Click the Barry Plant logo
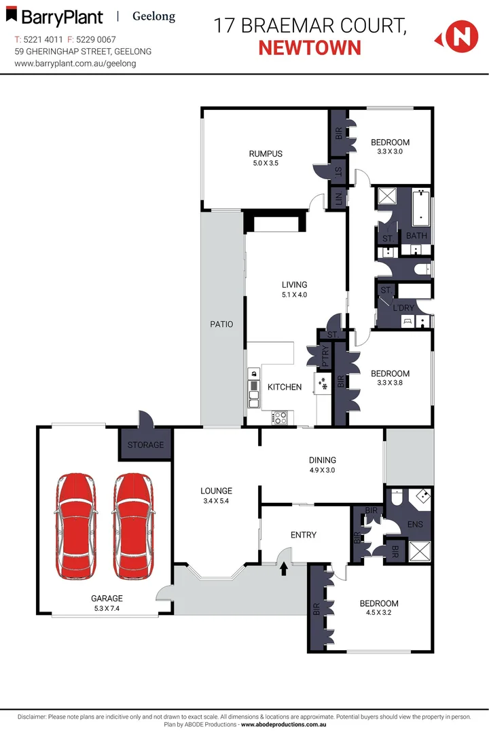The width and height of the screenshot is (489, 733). pyautogui.click(x=54, y=18)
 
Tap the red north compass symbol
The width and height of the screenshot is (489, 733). pyautogui.click(x=460, y=36)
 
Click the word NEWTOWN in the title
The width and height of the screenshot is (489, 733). pyautogui.click(x=310, y=48)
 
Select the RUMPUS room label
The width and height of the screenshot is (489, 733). pyautogui.click(x=265, y=153)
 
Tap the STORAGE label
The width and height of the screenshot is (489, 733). pyautogui.click(x=146, y=445)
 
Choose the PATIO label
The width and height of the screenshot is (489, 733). pyautogui.click(x=221, y=324)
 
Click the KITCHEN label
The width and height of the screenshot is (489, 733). pyautogui.click(x=285, y=387)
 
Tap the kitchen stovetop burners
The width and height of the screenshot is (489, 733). pyautogui.click(x=280, y=418)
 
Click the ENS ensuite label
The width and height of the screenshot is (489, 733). pyautogui.click(x=415, y=525)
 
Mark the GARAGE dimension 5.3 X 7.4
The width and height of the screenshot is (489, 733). pyautogui.click(x=107, y=608)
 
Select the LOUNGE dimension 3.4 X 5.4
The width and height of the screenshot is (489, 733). pyautogui.click(x=217, y=501)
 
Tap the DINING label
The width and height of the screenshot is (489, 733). pyautogui.click(x=322, y=459)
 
